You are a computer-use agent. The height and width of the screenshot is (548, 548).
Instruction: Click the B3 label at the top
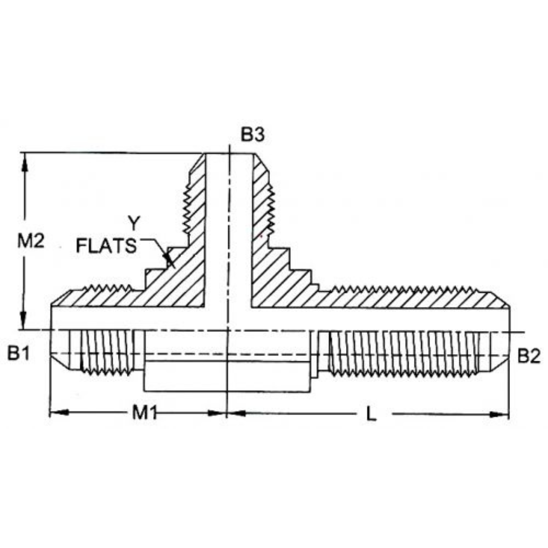(253, 135)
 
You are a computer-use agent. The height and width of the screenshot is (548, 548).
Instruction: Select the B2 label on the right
(528, 356)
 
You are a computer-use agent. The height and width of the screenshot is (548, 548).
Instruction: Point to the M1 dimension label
(144, 414)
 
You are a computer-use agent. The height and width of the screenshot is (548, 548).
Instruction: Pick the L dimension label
(372, 415)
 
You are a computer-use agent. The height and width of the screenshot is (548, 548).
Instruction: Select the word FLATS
(106, 246)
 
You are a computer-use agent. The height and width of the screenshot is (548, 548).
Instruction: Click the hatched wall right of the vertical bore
(269, 269)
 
